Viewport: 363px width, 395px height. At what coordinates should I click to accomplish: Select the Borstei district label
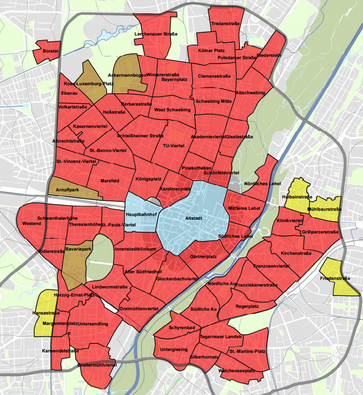click(50, 51)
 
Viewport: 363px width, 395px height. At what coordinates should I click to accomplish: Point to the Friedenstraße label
click(335, 278)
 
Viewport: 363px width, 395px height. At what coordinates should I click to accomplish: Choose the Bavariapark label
click(78, 248)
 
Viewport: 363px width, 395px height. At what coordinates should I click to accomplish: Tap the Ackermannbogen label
click(127, 75)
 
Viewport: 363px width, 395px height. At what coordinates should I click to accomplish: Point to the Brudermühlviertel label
click(97, 366)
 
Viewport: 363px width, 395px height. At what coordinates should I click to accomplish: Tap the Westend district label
click(31, 223)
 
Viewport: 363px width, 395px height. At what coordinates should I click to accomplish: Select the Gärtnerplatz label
click(203, 257)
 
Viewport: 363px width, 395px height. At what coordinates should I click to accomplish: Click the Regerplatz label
click(248, 306)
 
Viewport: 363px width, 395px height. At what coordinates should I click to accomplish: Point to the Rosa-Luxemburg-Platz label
click(89, 83)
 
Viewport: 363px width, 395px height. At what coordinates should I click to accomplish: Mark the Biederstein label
click(269, 55)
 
